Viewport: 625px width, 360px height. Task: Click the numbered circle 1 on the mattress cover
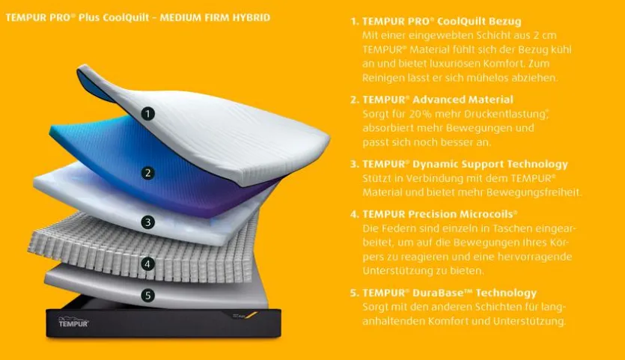(148, 114)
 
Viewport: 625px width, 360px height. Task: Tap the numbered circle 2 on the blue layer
(148, 173)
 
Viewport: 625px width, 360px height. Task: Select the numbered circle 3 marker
(148, 222)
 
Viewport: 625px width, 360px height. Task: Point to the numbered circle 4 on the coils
(148, 263)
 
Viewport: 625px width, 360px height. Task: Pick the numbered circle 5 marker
(148, 296)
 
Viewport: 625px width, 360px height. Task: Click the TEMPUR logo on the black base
(73, 322)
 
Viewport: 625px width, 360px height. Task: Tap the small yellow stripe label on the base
(250, 315)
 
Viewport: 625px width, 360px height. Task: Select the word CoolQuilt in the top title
(126, 17)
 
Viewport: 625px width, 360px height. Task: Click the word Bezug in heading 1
(505, 22)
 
